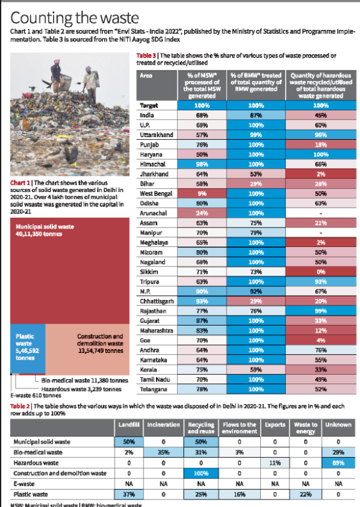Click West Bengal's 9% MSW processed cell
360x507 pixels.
[x=202, y=194]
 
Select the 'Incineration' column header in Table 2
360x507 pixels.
[x=163, y=424]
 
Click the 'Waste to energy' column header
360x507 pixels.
[x=306, y=427]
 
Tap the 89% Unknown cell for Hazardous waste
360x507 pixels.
[x=339, y=463]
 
